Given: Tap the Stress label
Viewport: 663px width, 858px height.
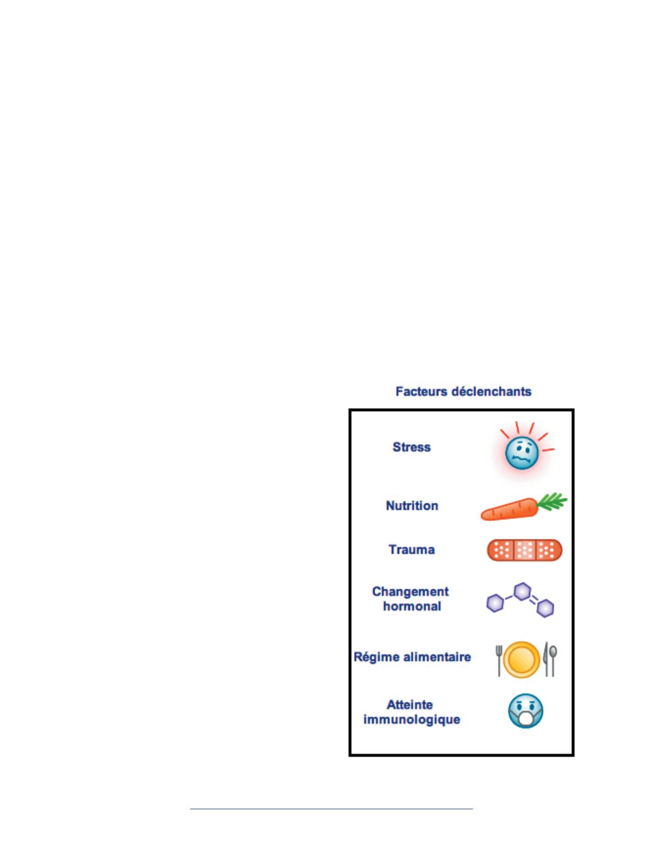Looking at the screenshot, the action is pyautogui.click(x=412, y=447).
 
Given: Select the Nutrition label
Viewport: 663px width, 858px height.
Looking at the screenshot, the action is pyautogui.click(x=412, y=505).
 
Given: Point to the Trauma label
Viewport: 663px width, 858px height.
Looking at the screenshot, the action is pyautogui.click(x=412, y=549).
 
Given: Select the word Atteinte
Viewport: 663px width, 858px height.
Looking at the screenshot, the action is pyautogui.click(x=409, y=705).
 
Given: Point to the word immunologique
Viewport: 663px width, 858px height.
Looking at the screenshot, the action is pyautogui.click(x=412, y=719).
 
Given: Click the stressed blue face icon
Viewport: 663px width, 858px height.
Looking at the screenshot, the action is pyautogui.click(x=522, y=454).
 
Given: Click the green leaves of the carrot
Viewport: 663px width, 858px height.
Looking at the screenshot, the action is pyautogui.click(x=551, y=502).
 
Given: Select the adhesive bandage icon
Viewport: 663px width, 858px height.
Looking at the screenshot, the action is pyautogui.click(x=524, y=550).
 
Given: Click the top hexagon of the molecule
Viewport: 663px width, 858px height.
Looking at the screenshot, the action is pyautogui.click(x=522, y=591).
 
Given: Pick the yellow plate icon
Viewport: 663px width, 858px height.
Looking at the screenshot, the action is pyautogui.click(x=522, y=660).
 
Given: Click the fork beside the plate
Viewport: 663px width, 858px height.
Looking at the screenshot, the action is pyautogui.click(x=499, y=661).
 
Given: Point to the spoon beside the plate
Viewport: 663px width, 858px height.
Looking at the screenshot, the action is pyautogui.click(x=553, y=660).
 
